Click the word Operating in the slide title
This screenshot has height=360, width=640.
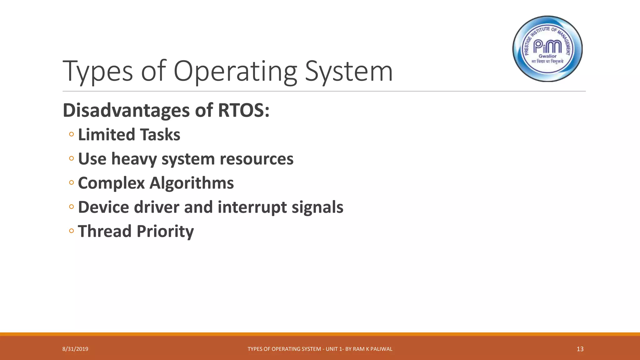235,72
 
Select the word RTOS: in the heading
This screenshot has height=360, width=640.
243,111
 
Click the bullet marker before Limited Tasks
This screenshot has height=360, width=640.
72,134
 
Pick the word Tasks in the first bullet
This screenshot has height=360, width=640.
160,135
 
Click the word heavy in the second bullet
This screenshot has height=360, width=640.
134,159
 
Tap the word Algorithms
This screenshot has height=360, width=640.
191,183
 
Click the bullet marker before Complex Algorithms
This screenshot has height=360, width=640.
72,182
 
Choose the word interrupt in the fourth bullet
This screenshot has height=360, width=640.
252,207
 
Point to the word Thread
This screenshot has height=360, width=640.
104,231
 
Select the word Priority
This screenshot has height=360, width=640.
165,232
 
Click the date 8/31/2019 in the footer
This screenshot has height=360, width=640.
75,349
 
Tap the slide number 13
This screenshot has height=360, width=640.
580,349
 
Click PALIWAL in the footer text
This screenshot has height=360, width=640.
381,349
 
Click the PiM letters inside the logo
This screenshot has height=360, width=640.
547,47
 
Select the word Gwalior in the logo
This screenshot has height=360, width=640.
547,56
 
